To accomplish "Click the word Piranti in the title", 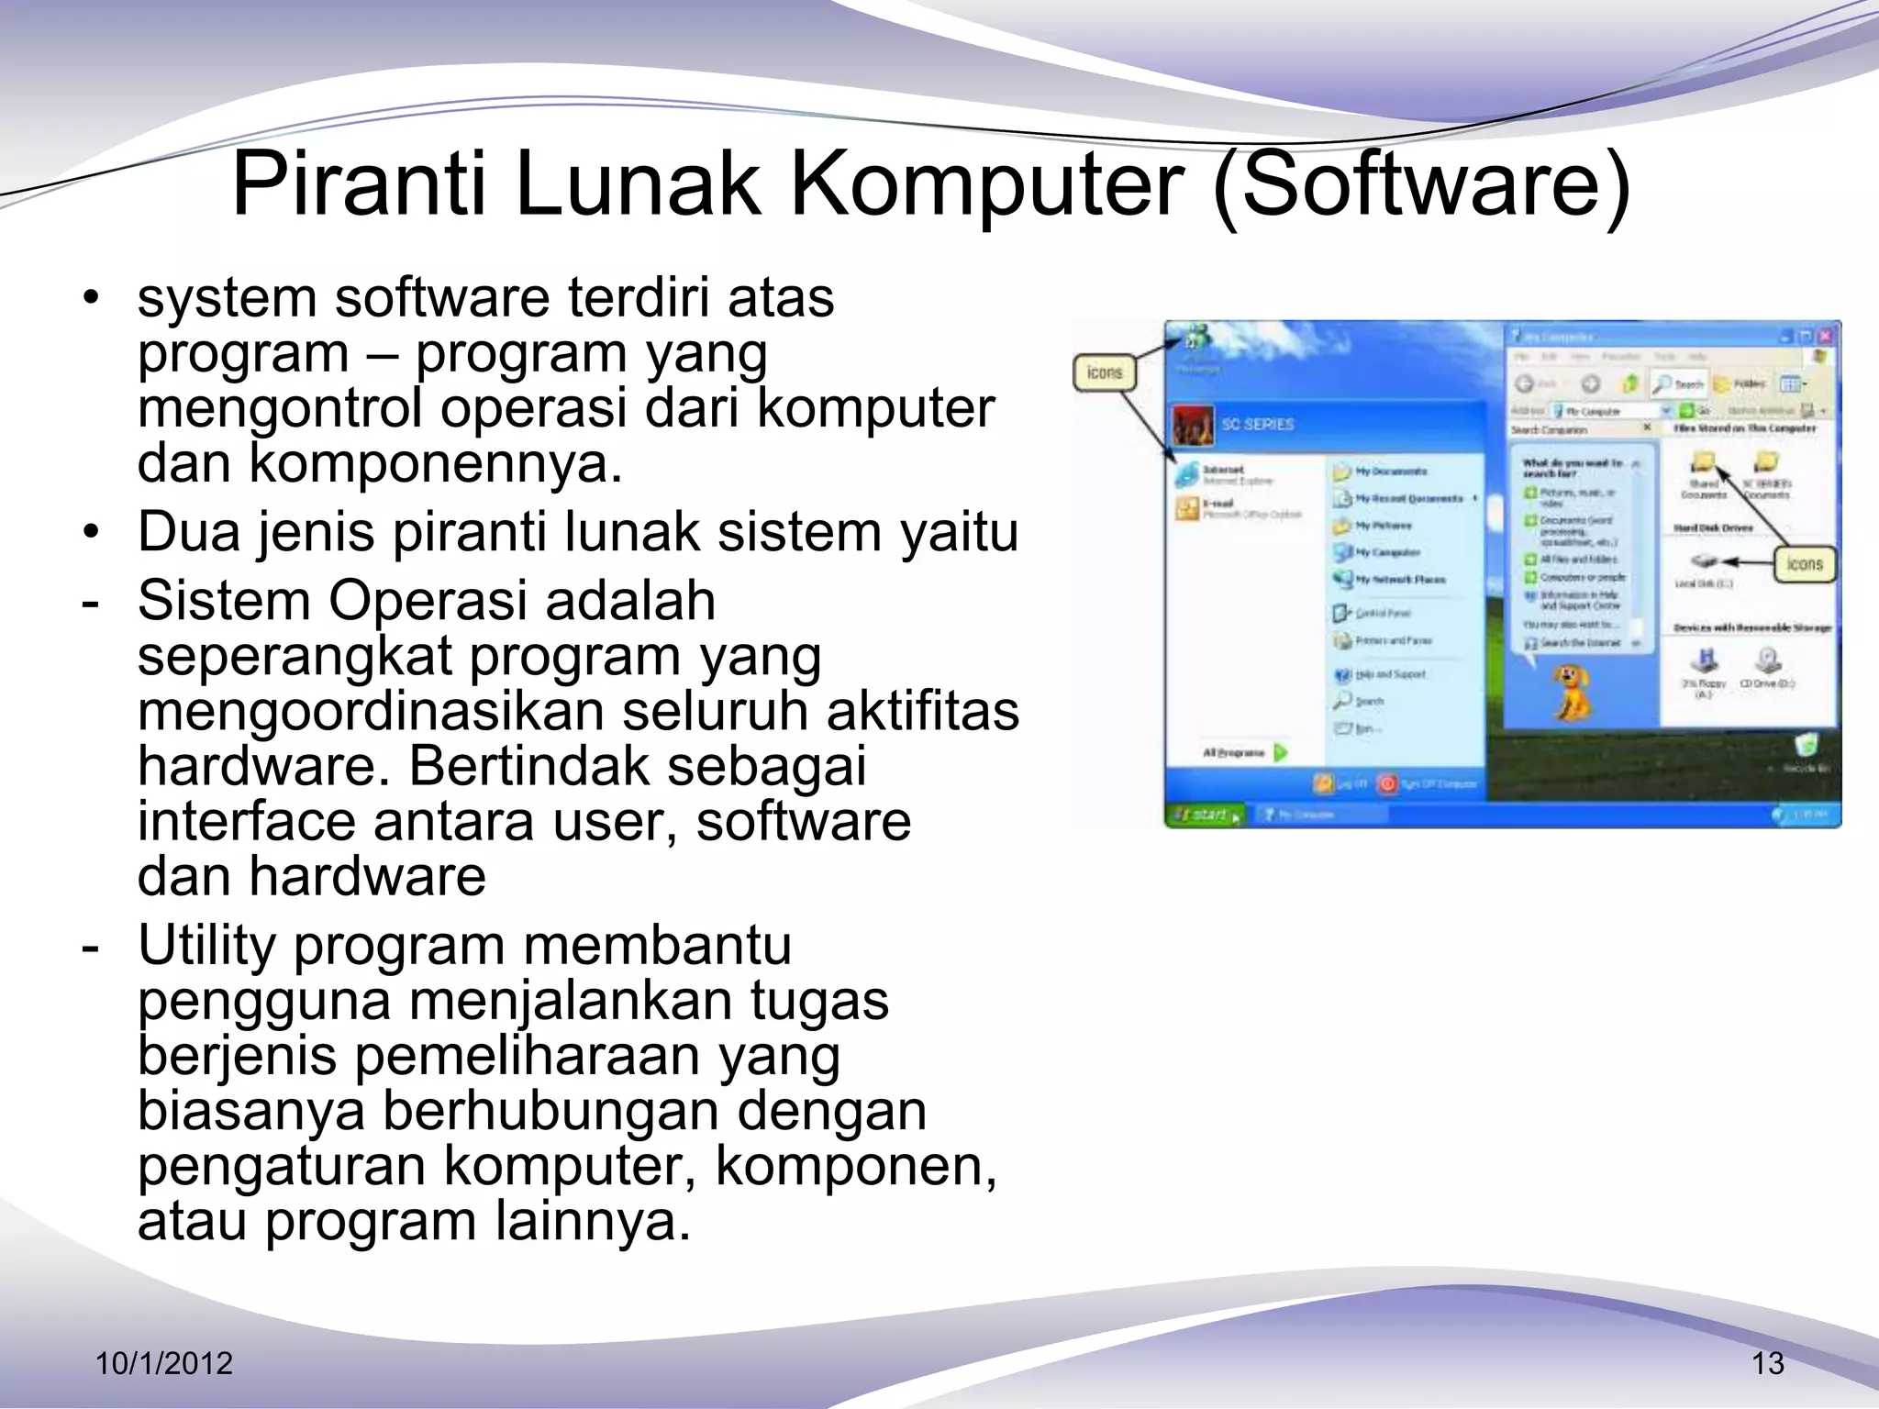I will click(359, 186).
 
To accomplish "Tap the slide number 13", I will click(1768, 1364).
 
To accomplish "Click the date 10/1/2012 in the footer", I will click(165, 1364).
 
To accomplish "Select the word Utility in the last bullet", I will click(206, 946).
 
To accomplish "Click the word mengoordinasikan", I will click(371, 712).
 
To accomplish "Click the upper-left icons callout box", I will click(1105, 373).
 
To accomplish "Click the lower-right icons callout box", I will click(1804, 564).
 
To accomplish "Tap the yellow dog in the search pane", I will click(1570, 693).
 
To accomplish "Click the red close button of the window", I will click(1828, 338).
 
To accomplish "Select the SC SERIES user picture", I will click(1194, 425).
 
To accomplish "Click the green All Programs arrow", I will click(1282, 752).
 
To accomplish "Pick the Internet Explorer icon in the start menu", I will click(1188, 474).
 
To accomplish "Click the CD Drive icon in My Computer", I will click(1767, 660).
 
